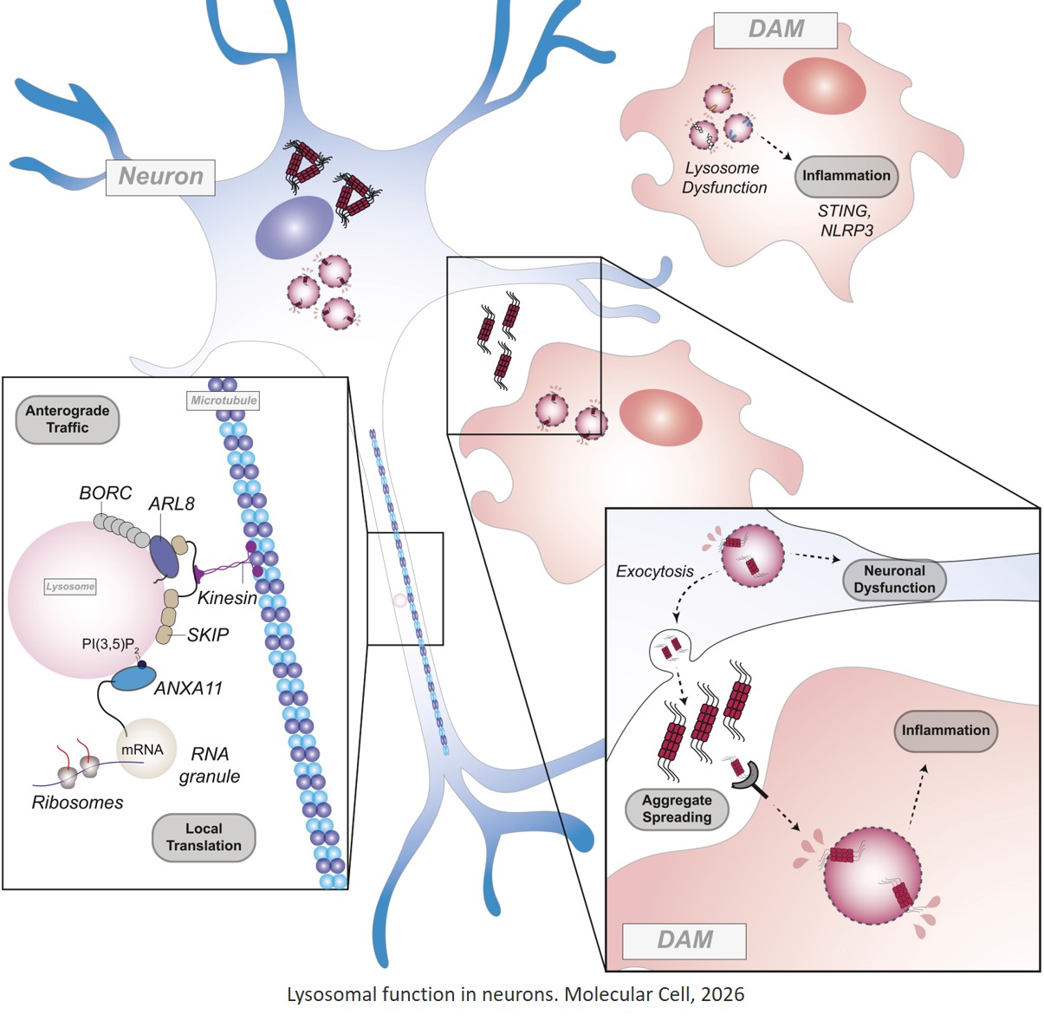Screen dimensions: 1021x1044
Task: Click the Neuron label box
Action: coord(160,177)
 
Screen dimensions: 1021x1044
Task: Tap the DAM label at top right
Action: coord(775,29)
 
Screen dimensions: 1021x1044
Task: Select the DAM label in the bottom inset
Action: coord(684,940)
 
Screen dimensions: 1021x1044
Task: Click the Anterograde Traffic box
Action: coord(68,419)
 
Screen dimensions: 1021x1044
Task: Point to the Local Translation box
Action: coord(204,837)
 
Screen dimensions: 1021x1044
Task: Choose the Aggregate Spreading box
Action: coord(677,809)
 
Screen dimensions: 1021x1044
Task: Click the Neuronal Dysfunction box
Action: coord(894,579)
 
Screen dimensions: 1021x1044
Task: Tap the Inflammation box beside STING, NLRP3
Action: coord(846,176)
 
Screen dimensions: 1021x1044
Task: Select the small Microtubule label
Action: coord(224,401)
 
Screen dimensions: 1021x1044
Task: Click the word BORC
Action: coord(105,493)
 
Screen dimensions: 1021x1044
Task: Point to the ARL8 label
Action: coord(172,504)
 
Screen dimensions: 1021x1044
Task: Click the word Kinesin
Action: coord(227,598)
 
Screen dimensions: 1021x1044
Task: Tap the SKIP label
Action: coord(208,635)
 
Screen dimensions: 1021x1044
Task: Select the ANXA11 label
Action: coord(188,689)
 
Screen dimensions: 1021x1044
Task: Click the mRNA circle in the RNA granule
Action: coord(141,749)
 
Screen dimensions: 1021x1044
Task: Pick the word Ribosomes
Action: coord(77,803)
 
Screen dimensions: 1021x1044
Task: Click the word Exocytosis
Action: coord(654,571)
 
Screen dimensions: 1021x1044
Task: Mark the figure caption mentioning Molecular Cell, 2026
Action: coord(516,994)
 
